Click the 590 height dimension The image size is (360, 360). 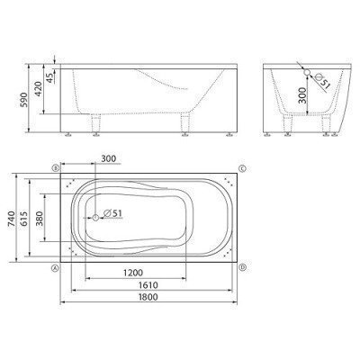click(24, 100)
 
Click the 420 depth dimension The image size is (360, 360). click(39, 89)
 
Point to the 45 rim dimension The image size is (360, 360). click(50, 77)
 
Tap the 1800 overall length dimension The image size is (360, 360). click(148, 297)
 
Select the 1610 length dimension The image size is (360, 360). click(148, 285)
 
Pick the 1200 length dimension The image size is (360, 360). click(133, 273)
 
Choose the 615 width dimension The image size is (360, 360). click(24, 220)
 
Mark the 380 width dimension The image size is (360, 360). click(40, 219)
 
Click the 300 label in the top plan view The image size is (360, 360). click(108, 158)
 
